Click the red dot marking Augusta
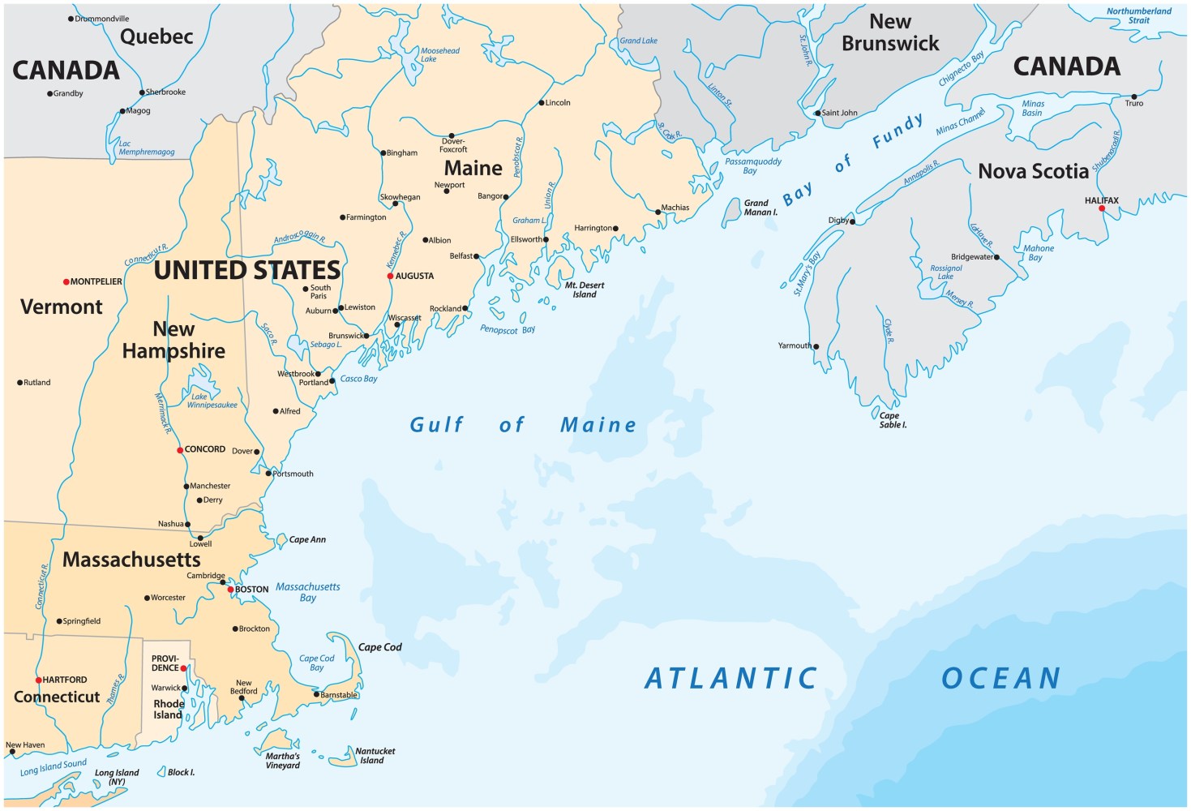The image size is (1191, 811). coord(390,277)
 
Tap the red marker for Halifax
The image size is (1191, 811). coord(1101,208)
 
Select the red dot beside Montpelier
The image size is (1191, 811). coord(66,282)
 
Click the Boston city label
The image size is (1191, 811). coord(251,590)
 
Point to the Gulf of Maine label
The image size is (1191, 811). coord(522,425)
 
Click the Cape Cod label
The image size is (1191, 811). coord(379,647)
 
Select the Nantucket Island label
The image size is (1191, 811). coord(374,756)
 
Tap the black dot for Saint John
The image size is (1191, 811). coord(817,114)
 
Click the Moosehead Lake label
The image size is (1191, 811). coord(439,55)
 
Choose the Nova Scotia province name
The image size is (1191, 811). coord(1033,171)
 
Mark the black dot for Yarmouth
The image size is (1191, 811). coord(816,346)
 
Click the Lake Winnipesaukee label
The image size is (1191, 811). coord(212,401)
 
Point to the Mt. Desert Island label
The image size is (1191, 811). coord(585,290)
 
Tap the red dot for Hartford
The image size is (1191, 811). coord(38,680)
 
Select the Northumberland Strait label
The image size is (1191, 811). coord(1138,15)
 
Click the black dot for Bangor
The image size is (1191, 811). coord(506,197)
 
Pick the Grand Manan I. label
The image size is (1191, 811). coord(760,208)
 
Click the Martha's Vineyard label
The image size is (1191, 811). coord(282,761)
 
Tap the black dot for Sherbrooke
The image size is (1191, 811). coord(142,92)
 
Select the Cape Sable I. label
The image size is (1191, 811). coord(892,420)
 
